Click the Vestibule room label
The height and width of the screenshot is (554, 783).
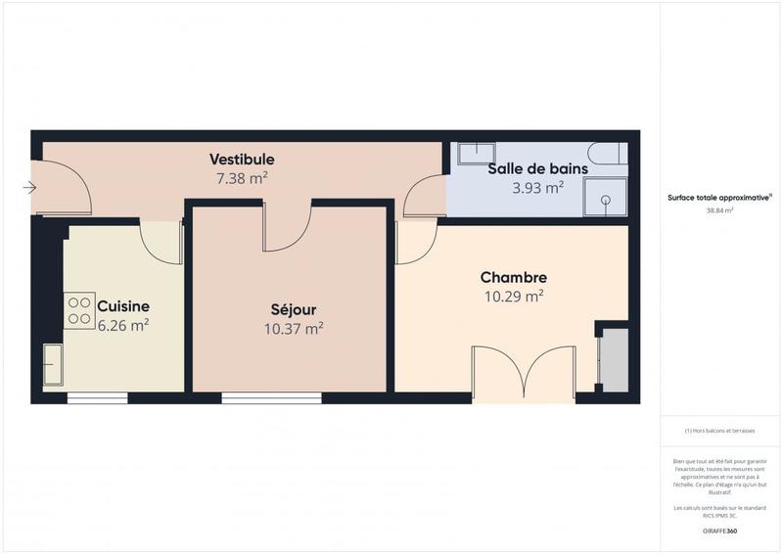(242, 160)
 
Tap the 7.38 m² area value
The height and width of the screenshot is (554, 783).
(242, 178)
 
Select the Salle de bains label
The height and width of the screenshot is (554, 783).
(537, 168)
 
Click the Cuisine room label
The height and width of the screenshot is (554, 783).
(122, 306)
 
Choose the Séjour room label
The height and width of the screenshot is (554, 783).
(294, 308)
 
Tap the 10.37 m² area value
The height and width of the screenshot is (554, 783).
(294, 329)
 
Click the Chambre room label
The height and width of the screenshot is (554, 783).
(513, 277)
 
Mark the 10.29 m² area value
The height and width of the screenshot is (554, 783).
(514, 296)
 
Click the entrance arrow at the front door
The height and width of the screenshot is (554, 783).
(29, 188)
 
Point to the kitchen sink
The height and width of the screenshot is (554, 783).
(53, 365)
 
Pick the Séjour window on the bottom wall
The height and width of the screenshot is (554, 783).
(271, 398)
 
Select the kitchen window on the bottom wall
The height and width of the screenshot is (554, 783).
(97, 398)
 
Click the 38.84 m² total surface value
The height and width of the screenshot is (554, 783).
(719, 209)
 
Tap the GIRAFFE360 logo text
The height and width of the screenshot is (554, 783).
(719, 531)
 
